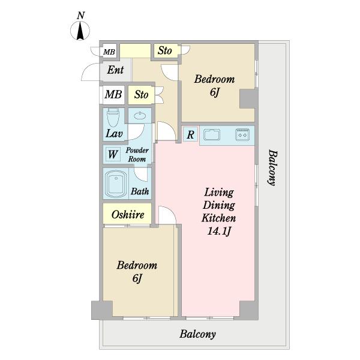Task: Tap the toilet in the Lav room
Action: pyautogui.click(x=113, y=117)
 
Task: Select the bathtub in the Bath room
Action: pyautogui.click(x=116, y=184)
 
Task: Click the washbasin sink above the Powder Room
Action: pyautogui.click(x=140, y=116)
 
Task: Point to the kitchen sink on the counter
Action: pyautogui.click(x=212, y=134)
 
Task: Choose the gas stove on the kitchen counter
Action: pyautogui.click(x=242, y=134)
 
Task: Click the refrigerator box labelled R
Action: pyautogui.click(x=190, y=134)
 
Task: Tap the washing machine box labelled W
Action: pyautogui.click(x=113, y=154)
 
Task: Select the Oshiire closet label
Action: pyautogui.click(x=128, y=215)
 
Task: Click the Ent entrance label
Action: pyautogui.click(x=115, y=70)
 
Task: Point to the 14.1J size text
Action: pyautogui.click(x=219, y=231)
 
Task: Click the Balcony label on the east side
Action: pyautogui.click(x=272, y=167)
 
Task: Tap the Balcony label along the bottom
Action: pyautogui.click(x=197, y=334)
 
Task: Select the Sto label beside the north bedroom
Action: pyautogui.click(x=165, y=50)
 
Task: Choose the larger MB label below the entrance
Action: pyautogui.click(x=113, y=94)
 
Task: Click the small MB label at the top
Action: pyautogui.click(x=109, y=52)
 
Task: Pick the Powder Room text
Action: pyautogui.click(x=137, y=155)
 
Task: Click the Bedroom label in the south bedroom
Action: pyautogui.click(x=137, y=265)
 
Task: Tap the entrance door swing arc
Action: pyautogui.click(x=87, y=71)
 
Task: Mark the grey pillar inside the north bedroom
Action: pyautogui.click(x=247, y=99)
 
